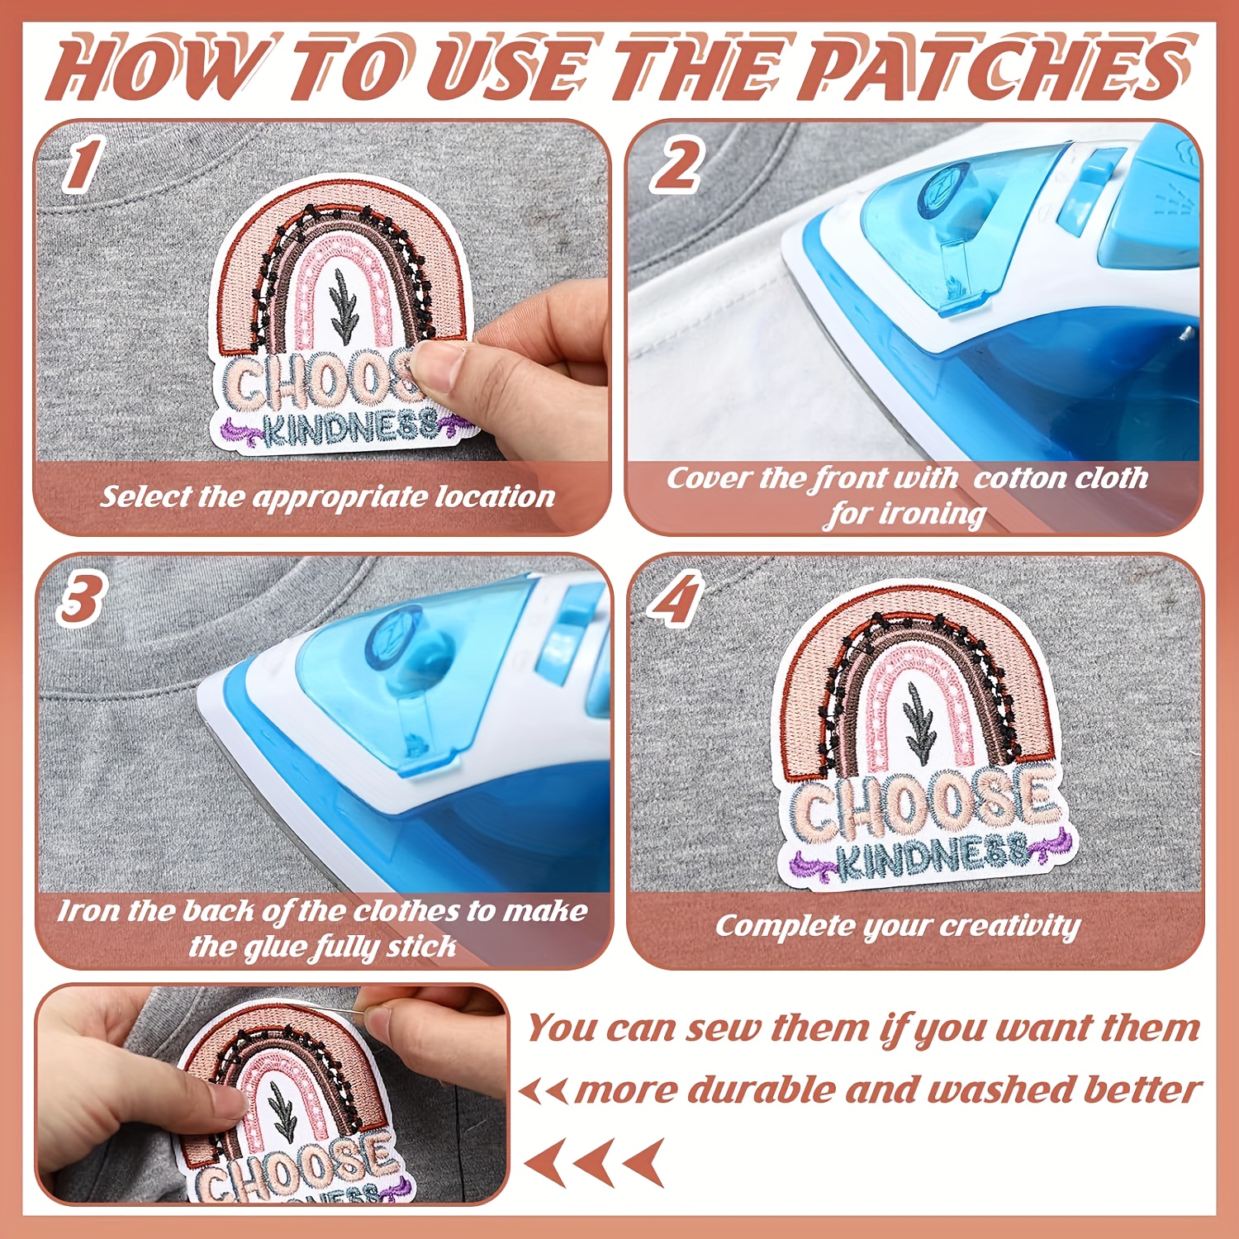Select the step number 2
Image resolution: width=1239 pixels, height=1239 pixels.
click(x=677, y=164)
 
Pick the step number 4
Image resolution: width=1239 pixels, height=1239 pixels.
click(x=676, y=597)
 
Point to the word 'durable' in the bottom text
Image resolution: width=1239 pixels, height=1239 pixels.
click(x=761, y=1089)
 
